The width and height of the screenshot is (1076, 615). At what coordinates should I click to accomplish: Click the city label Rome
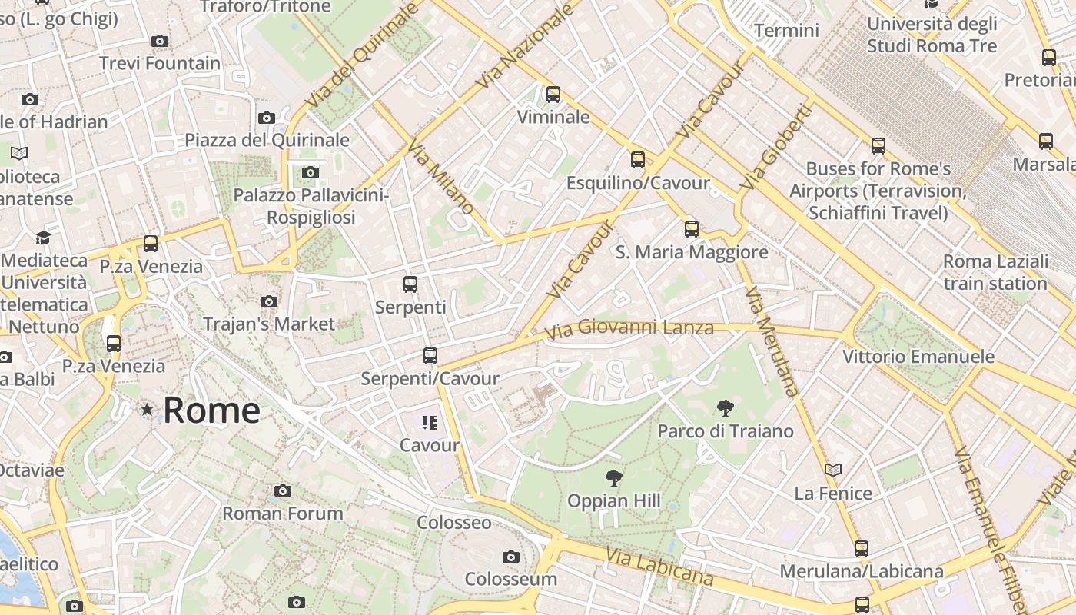pyautogui.click(x=211, y=411)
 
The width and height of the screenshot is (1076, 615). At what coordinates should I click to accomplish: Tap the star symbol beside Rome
pyautogui.click(x=147, y=410)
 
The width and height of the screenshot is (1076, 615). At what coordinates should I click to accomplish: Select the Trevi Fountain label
pyautogui.click(x=160, y=63)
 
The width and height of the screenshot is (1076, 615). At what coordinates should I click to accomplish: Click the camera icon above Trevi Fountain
pyautogui.click(x=160, y=41)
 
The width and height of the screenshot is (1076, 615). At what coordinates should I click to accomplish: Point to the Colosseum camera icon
pyautogui.click(x=510, y=557)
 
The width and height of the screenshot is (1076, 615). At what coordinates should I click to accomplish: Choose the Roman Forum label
pyautogui.click(x=283, y=513)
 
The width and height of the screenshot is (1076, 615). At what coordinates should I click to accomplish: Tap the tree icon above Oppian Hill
pyautogui.click(x=613, y=479)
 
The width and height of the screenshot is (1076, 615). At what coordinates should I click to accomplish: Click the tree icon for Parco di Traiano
pyautogui.click(x=724, y=408)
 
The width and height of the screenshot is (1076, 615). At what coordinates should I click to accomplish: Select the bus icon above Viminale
pyautogui.click(x=553, y=95)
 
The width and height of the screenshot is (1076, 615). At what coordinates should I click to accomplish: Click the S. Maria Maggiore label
pyautogui.click(x=692, y=252)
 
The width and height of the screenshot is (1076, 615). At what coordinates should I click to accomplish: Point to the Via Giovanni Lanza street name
pyautogui.click(x=629, y=329)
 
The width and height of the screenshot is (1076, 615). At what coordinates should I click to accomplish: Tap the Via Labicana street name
pyautogui.click(x=659, y=567)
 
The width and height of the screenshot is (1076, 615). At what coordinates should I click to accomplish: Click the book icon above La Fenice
pyautogui.click(x=833, y=470)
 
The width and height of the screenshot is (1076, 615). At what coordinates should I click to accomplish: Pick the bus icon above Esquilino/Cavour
pyautogui.click(x=638, y=160)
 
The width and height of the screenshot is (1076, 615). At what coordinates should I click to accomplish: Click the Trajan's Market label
pyautogui.click(x=269, y=324)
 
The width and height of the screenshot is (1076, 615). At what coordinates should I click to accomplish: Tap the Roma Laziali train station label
pyautogui.click(x=995, y=272)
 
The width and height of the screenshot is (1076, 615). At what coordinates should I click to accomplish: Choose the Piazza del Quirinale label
pyautogui.click(x=267, y=140)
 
